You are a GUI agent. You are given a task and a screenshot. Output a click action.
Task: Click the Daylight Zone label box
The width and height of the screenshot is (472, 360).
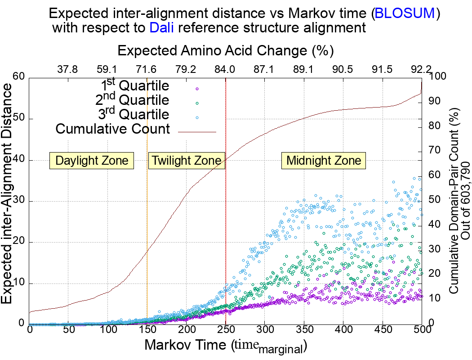point(92,161)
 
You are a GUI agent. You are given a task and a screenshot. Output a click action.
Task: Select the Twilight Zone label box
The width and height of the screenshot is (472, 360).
point(186,161)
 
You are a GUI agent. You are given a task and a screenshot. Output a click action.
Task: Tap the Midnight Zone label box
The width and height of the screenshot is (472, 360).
point(324,161)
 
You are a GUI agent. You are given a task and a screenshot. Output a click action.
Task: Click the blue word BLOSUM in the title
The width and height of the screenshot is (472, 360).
point(405,13)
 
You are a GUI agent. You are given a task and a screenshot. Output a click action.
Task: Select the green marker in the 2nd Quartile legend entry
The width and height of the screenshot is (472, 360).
point(197,103)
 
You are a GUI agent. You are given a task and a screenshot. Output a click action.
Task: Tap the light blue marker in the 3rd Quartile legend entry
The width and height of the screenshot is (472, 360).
point(197,117)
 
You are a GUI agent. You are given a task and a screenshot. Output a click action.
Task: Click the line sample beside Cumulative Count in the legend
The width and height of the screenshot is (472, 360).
point(197,132)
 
